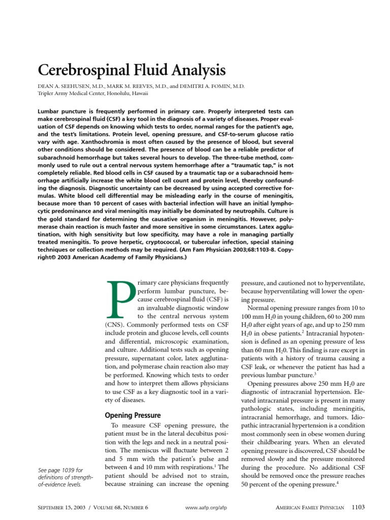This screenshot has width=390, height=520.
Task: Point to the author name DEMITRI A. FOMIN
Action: (213, 86)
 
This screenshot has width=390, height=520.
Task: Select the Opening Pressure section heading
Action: (133, 415)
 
